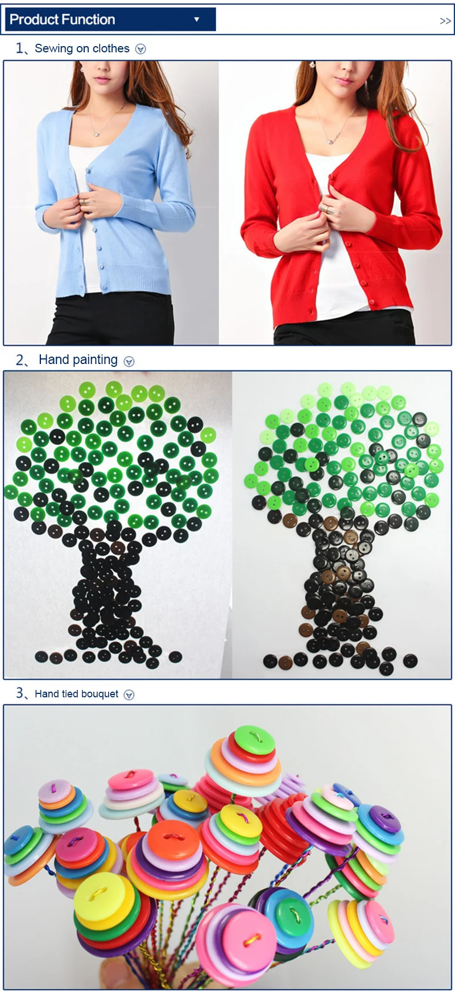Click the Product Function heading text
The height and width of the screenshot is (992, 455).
tap(63, 19)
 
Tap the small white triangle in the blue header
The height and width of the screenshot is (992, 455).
tap(196, 19)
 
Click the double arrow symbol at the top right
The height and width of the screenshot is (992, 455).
tap(445, 21)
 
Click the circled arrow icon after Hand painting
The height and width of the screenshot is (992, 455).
tap(129, 361)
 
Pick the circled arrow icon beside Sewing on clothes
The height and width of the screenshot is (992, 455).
tap(140, 49)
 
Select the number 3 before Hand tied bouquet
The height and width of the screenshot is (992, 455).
tap(20, 693)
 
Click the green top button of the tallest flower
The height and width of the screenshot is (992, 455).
tap(255, 739)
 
